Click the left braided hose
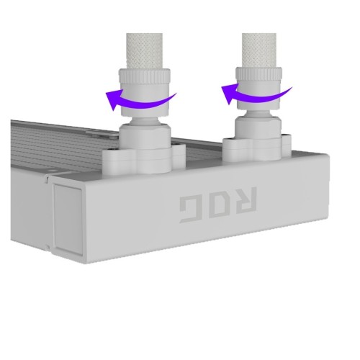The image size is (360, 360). (145, 51)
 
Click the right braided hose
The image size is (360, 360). (259, 50)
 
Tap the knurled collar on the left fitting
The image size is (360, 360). (145, 76)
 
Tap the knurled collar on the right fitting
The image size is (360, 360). (258, 73)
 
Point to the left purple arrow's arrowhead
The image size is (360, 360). (114, 99)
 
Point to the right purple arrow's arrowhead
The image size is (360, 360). (229, 94)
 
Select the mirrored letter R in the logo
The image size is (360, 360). (244, 199)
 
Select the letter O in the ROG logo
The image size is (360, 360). (217, 204)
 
